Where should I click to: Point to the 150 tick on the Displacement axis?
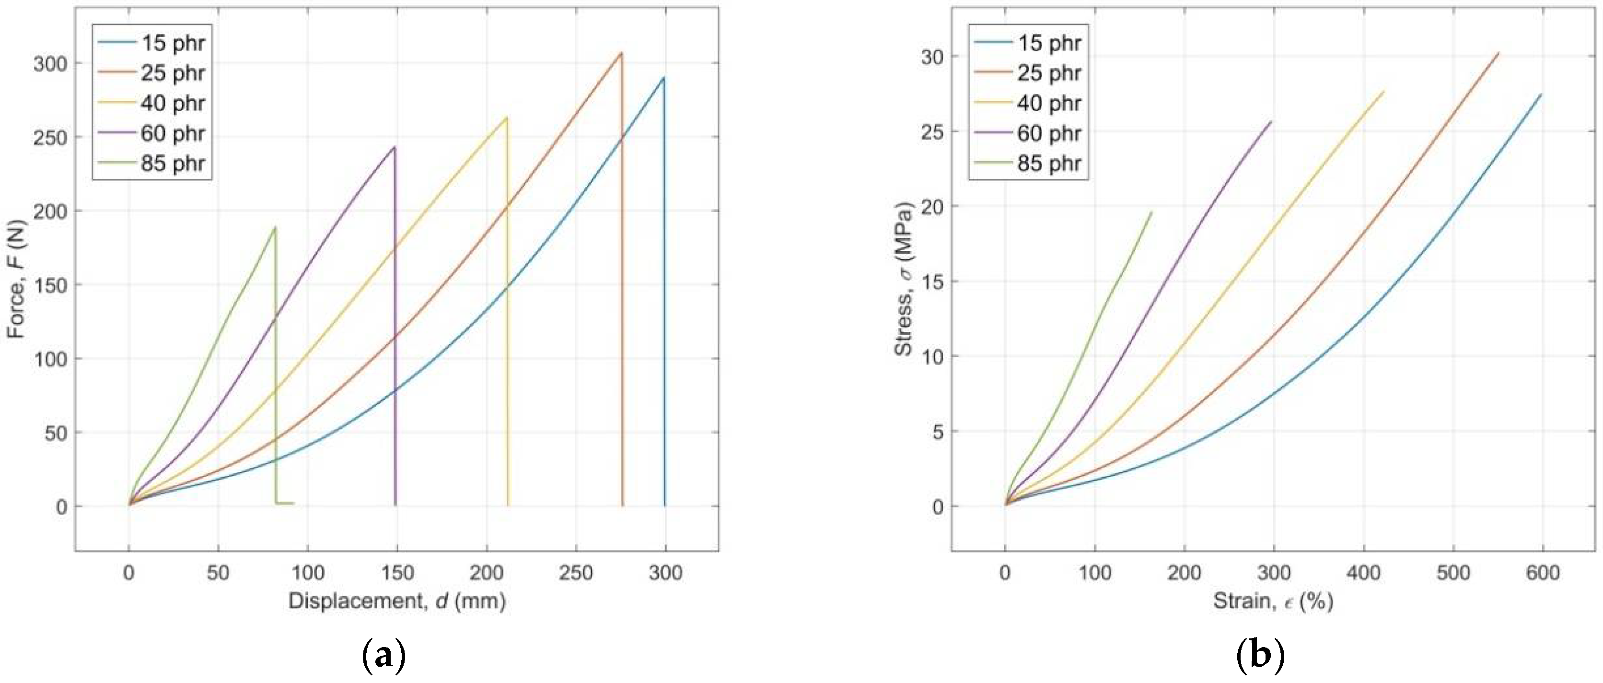[396, 572]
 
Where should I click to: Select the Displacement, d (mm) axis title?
[396, 601]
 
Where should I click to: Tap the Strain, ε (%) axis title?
[1273, 601]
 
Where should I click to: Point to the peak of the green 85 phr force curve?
[275, 227]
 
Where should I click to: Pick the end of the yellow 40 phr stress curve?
[1383, 92]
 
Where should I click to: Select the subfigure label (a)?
[383, 656]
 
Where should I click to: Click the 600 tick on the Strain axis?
[1542, 572]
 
